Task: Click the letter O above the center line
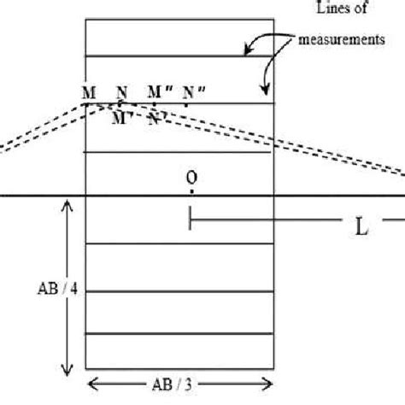click(x=191, y=178)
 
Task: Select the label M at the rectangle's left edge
click(x=88, y=92)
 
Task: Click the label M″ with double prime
click(x=158, y=91)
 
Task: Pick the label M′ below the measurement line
click(x=120, y=118)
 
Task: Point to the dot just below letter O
click(x=191, y=191)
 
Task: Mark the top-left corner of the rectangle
click(x=87, y=18)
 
